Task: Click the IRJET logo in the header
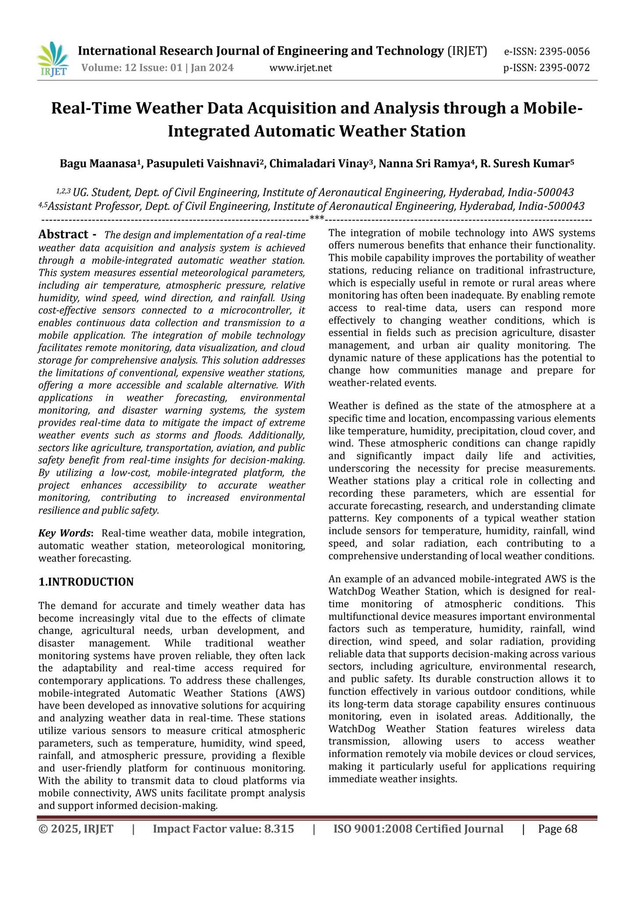click(x=53, y=60)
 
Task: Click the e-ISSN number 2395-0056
click(x=564, y=52)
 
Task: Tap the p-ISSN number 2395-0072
click(x=564, y=68)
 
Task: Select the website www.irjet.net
click(x=301, y=68)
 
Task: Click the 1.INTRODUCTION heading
click(x=86, y=582)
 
